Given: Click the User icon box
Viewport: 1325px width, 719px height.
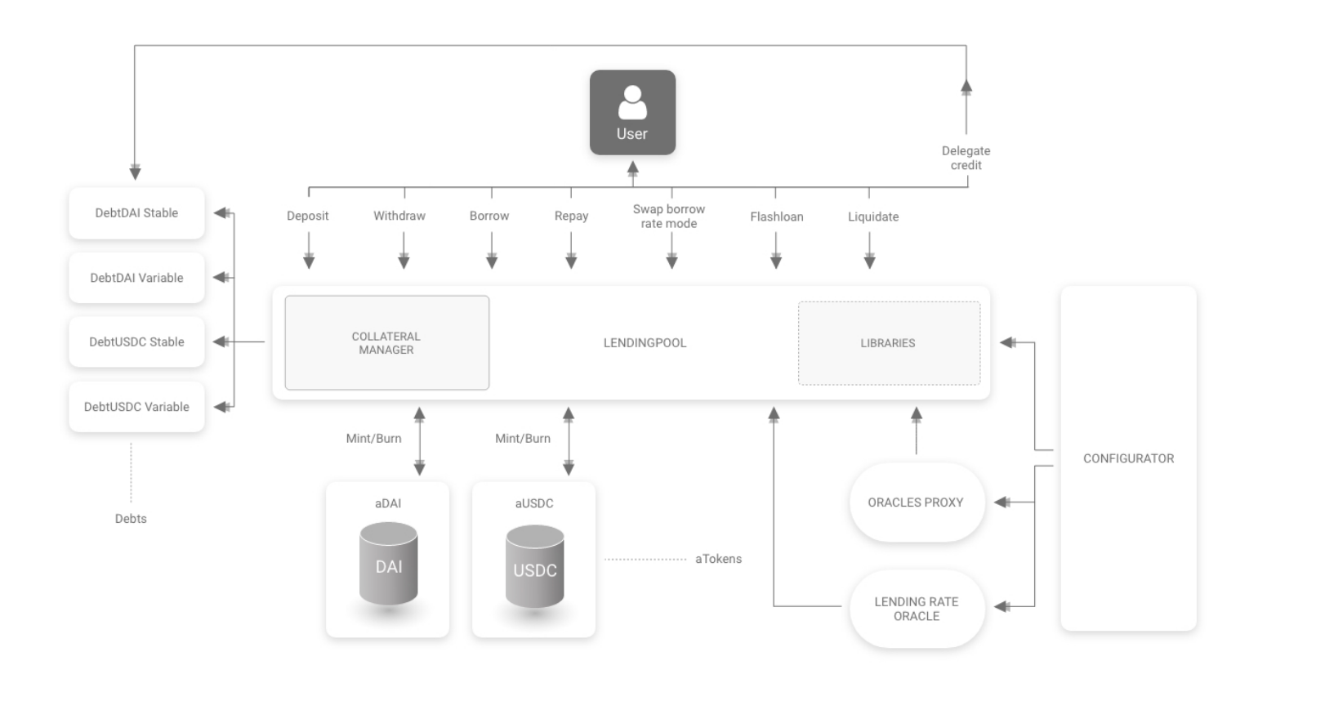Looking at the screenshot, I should (632, 113).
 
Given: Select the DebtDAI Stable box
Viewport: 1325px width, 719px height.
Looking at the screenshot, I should (136, 213).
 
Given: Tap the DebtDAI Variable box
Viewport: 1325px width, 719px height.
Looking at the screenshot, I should (136, 278).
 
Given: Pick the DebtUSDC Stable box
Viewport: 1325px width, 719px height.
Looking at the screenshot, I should (136, 342).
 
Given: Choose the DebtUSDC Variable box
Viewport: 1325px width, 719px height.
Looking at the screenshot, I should (136, 407).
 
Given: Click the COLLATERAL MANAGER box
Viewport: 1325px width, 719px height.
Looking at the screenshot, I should (386, 343).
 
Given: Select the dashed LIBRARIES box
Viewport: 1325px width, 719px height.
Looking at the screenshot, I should (888, 343).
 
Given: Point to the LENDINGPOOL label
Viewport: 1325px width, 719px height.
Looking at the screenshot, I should (645, 343).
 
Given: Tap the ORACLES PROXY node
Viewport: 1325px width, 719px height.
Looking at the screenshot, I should (916, 502).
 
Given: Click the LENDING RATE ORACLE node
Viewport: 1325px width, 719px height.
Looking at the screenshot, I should (916, 609).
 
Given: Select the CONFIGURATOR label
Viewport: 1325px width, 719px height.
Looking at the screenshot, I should (1128, 458).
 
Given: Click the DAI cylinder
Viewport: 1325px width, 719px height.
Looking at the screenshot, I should (389, 565).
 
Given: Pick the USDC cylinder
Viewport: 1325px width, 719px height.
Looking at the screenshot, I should (534, 569).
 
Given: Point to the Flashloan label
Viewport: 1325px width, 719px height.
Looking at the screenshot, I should (776, 217).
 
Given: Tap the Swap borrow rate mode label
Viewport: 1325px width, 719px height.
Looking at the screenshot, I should (669, 217).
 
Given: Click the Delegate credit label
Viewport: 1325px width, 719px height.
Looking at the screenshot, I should (966, 158).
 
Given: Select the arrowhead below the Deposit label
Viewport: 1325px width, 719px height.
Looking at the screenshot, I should (309, 261).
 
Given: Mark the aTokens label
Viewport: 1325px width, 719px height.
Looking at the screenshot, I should (718, 559).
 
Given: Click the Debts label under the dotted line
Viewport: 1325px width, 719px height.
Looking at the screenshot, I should (131, 519).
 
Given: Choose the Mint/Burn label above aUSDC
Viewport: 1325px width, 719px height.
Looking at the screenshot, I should (523, 439).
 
